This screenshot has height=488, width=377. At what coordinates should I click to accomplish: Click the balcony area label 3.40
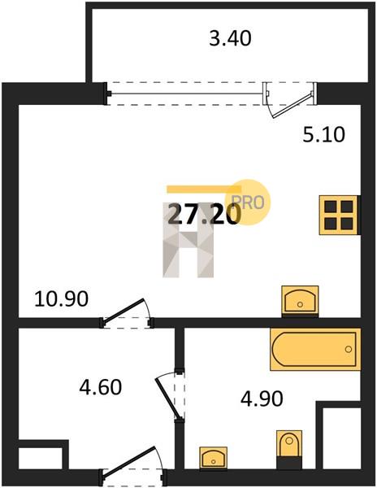[230, 39]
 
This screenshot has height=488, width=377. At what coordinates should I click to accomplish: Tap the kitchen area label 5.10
[324, 135]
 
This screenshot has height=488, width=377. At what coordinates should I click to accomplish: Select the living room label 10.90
[62, 299]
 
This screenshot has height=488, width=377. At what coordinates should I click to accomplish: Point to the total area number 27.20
[204, 215]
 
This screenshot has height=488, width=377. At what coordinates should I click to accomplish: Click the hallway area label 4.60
[101, 387]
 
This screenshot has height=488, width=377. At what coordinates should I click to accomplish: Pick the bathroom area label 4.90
[262, 399]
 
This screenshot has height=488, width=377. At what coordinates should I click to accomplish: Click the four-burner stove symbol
[339, 215]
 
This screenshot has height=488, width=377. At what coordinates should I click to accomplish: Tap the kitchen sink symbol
[300, 301]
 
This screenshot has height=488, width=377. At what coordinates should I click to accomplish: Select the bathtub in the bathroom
[315, 349]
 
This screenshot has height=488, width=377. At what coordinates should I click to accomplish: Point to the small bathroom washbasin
[213, 457]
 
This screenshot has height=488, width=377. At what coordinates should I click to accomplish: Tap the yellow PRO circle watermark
[252, 203]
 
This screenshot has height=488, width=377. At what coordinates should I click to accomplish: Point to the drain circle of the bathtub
[349, 349]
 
